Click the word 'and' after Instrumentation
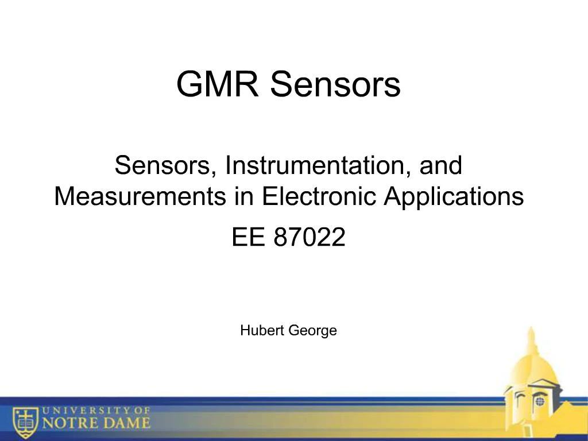[x=440, y=166]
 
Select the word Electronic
[x=320, y=197]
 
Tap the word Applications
[x=454, y=197]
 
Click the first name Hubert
[x=258, y=330]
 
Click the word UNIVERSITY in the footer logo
[x=81, y=411]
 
